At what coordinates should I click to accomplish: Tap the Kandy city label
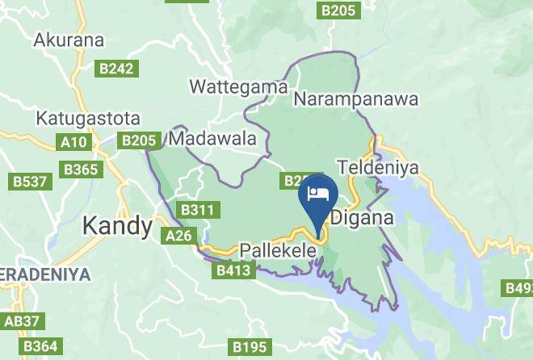[x=119, y=226]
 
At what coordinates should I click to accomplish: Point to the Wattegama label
[x=227, y=86]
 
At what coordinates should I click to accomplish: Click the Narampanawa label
[x=356, y=99]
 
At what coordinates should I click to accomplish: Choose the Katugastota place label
[x=88, y=118]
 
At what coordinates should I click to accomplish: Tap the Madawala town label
[x=213, y=139]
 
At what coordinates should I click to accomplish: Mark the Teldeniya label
[x=376, y=166]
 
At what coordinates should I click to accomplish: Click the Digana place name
[x=363, y=218]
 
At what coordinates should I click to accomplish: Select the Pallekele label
[x=279, y=251]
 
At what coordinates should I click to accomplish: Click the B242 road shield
[x=115, y=69]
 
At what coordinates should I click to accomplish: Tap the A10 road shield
[x=74, y=143]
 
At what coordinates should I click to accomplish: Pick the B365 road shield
[x=82, y=170]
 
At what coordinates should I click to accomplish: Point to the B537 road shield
[x=29, y=182]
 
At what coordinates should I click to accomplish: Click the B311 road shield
[x=198, y=210]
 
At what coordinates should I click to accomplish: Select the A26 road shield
[x=178, y=236]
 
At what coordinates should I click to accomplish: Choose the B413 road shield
[x=233, y=271]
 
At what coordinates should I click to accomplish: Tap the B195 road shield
[x=250, y=346]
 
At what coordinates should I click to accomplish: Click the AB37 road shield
[x=21, y=321]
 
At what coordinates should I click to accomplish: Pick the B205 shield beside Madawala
[x=139, y=141]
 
